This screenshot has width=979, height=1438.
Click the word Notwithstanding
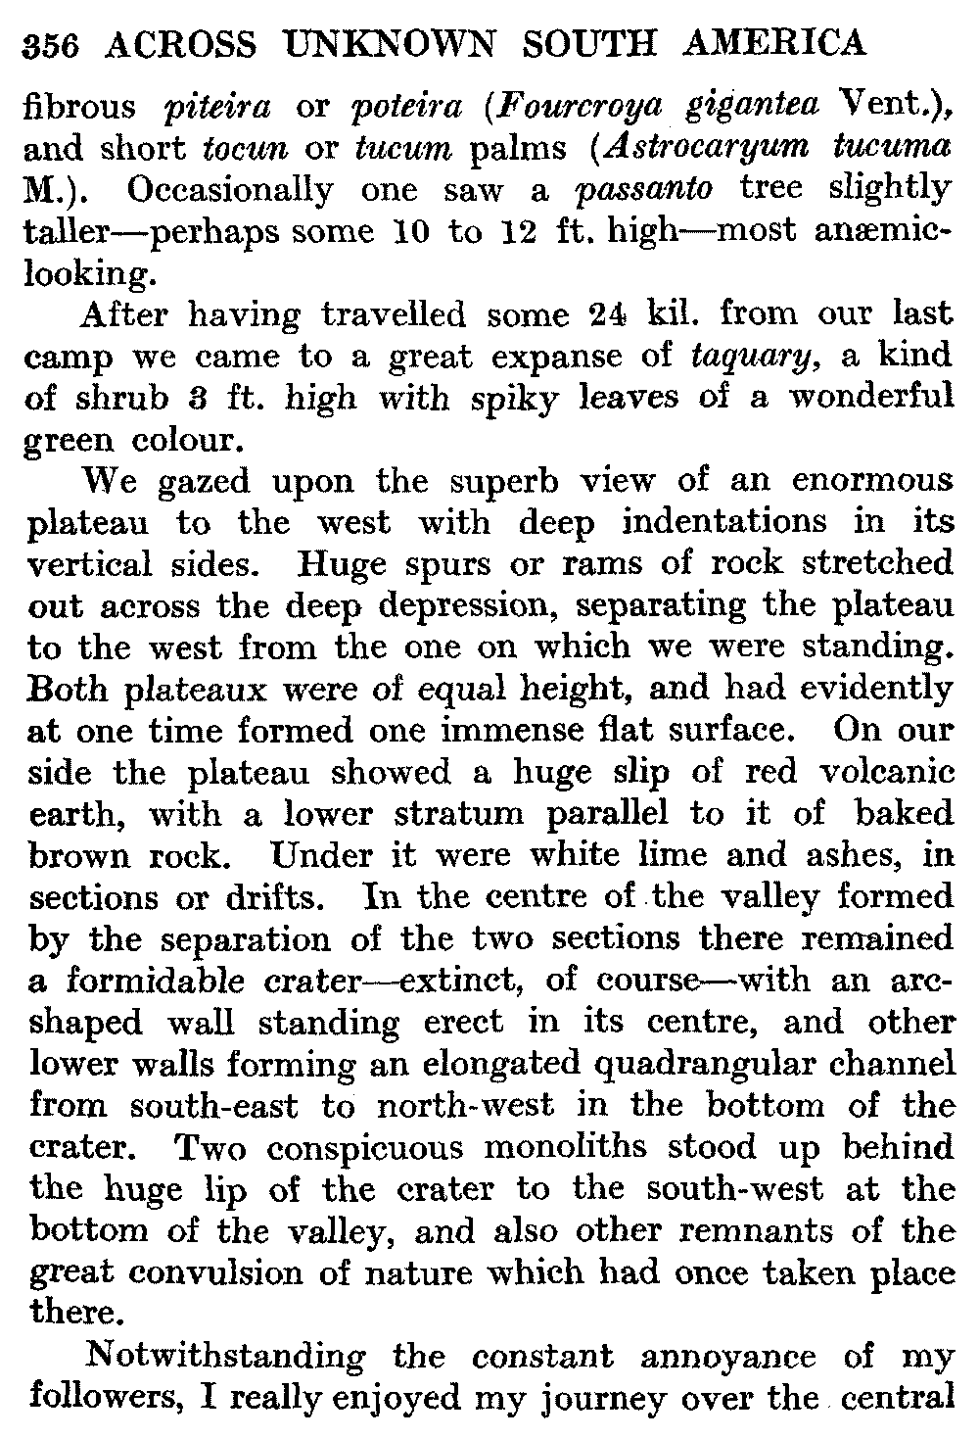tap(225, 1357)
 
